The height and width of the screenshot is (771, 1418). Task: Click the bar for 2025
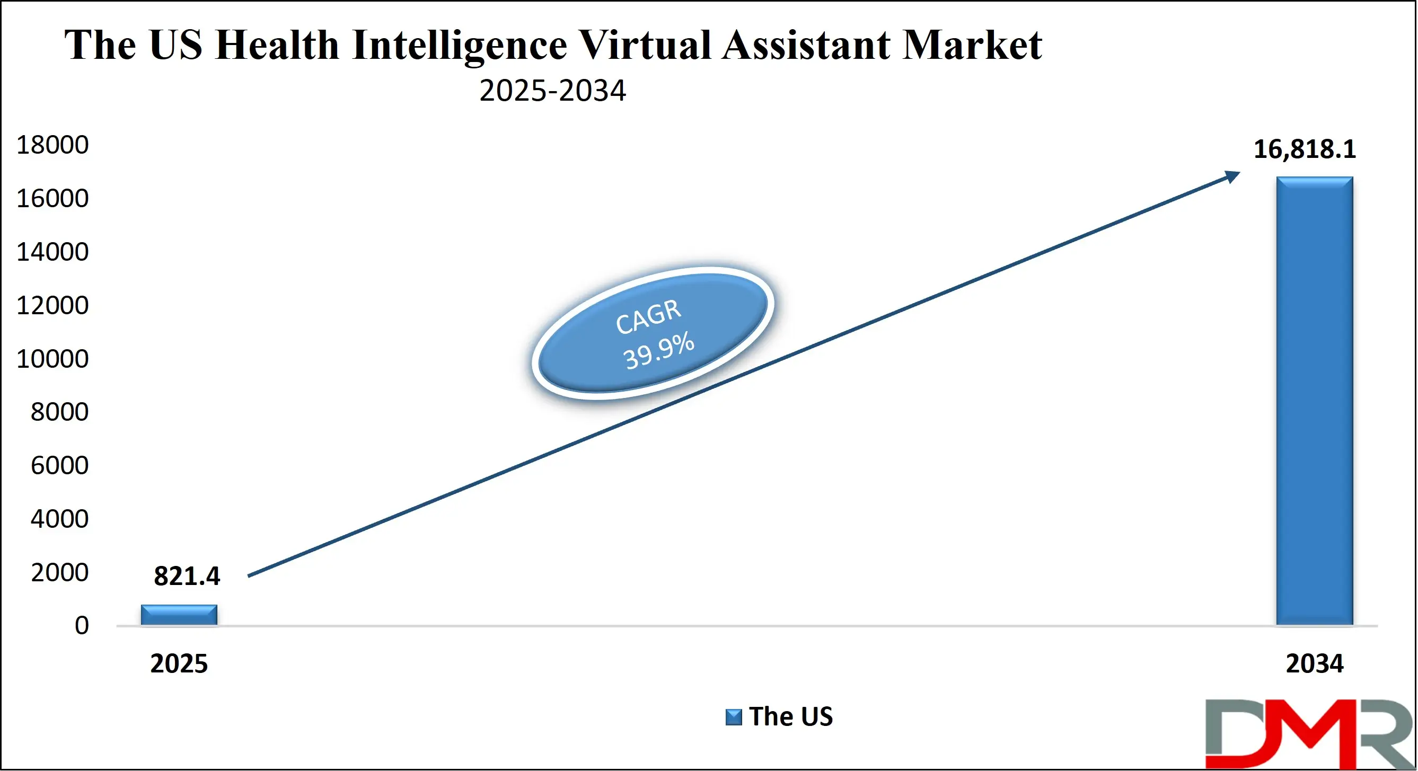click(179, 615)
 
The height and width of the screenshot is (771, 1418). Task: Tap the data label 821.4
click(187, 576)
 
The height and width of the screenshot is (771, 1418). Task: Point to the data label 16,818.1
click(1304, 149)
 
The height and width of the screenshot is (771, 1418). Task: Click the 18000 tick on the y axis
click(52, 145)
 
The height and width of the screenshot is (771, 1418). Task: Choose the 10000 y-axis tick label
click(52, 359)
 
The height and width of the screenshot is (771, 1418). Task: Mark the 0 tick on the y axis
click(82, 626)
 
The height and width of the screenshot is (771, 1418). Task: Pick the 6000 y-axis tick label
click(59, 466)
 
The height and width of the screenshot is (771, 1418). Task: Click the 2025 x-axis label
click(179, 663)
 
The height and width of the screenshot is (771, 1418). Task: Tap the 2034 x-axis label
click(1314, 663)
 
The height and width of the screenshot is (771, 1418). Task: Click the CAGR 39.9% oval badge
click(653, 333)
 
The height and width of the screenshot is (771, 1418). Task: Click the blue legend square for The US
click(733, 717)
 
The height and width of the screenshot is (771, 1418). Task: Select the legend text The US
click(790, 716)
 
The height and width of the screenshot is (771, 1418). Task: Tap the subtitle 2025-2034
click(552, 91)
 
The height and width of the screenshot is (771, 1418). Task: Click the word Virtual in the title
click(645, 45)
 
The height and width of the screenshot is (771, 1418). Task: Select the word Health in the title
click(277, 45)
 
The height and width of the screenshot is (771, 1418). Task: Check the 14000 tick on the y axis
click(52, 252)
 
